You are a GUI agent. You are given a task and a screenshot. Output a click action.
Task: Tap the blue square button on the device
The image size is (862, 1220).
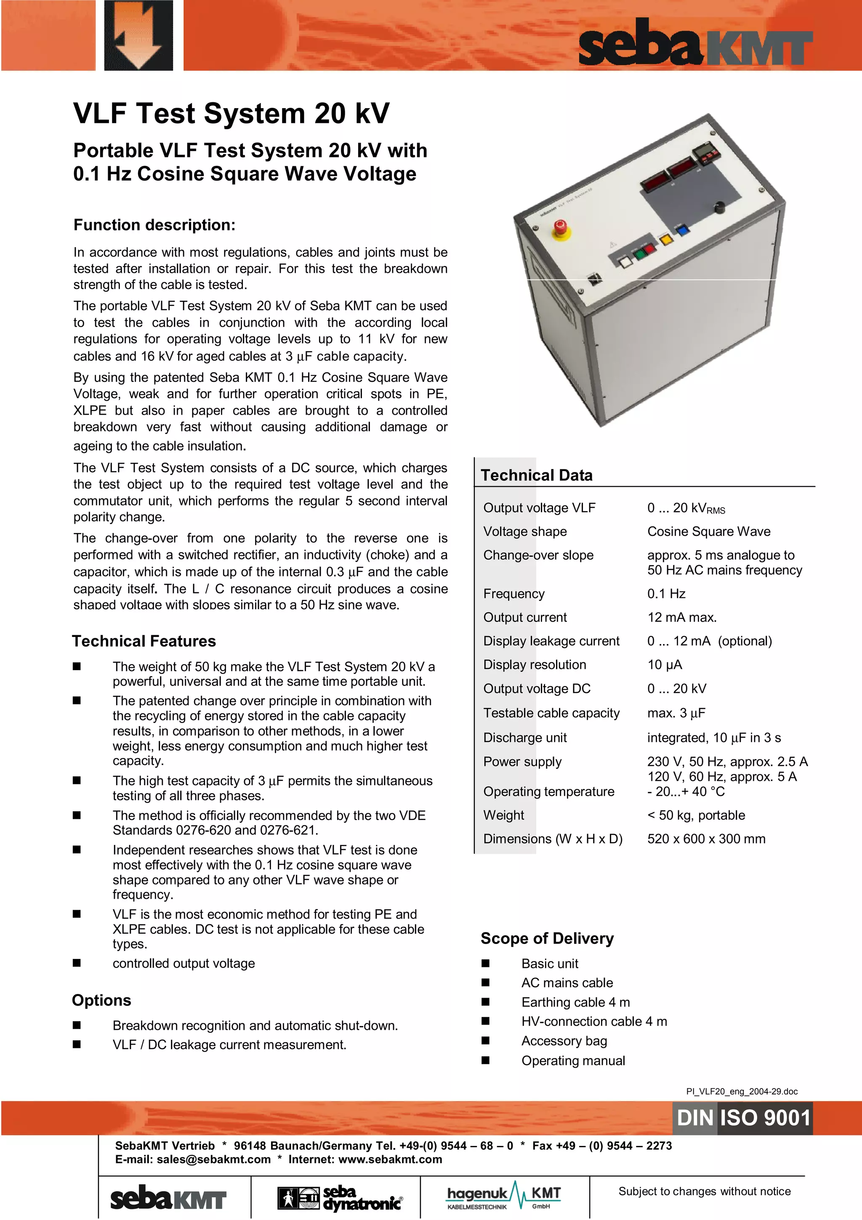coord(681,230)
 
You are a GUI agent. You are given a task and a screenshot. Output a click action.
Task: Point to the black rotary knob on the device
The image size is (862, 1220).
coord(719,207)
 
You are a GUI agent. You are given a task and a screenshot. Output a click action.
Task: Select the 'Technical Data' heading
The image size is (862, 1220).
coord(536,475)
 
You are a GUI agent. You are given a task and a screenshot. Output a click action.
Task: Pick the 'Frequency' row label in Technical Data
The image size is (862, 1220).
coord(513,594)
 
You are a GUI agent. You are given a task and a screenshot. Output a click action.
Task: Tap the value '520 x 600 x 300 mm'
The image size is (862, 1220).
coord(706,839)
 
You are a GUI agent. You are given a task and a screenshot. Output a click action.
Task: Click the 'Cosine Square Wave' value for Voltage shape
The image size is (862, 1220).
coord(708,531)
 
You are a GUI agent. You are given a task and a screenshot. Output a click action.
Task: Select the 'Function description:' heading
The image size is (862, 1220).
coord(154,225)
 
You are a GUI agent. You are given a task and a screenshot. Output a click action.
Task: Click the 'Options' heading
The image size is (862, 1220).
coord(101,1000)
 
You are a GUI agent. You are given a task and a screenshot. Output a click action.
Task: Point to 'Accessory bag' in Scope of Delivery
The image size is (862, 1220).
coord(564,1041)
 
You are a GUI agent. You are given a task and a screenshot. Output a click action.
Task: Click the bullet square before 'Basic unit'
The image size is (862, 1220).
coord(485,963)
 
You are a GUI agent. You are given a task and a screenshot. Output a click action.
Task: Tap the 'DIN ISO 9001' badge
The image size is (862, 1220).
coord(743,1117)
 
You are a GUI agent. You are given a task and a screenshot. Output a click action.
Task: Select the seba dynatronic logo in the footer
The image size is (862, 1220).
coord(340,1198)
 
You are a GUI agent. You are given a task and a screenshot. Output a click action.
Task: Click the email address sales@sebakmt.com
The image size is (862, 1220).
coord(213,1159)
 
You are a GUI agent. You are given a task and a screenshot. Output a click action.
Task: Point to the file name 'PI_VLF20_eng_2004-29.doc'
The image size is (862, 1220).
coord(742,1092)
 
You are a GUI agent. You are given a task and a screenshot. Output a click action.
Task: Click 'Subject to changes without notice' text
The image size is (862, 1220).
coord(704,1191)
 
